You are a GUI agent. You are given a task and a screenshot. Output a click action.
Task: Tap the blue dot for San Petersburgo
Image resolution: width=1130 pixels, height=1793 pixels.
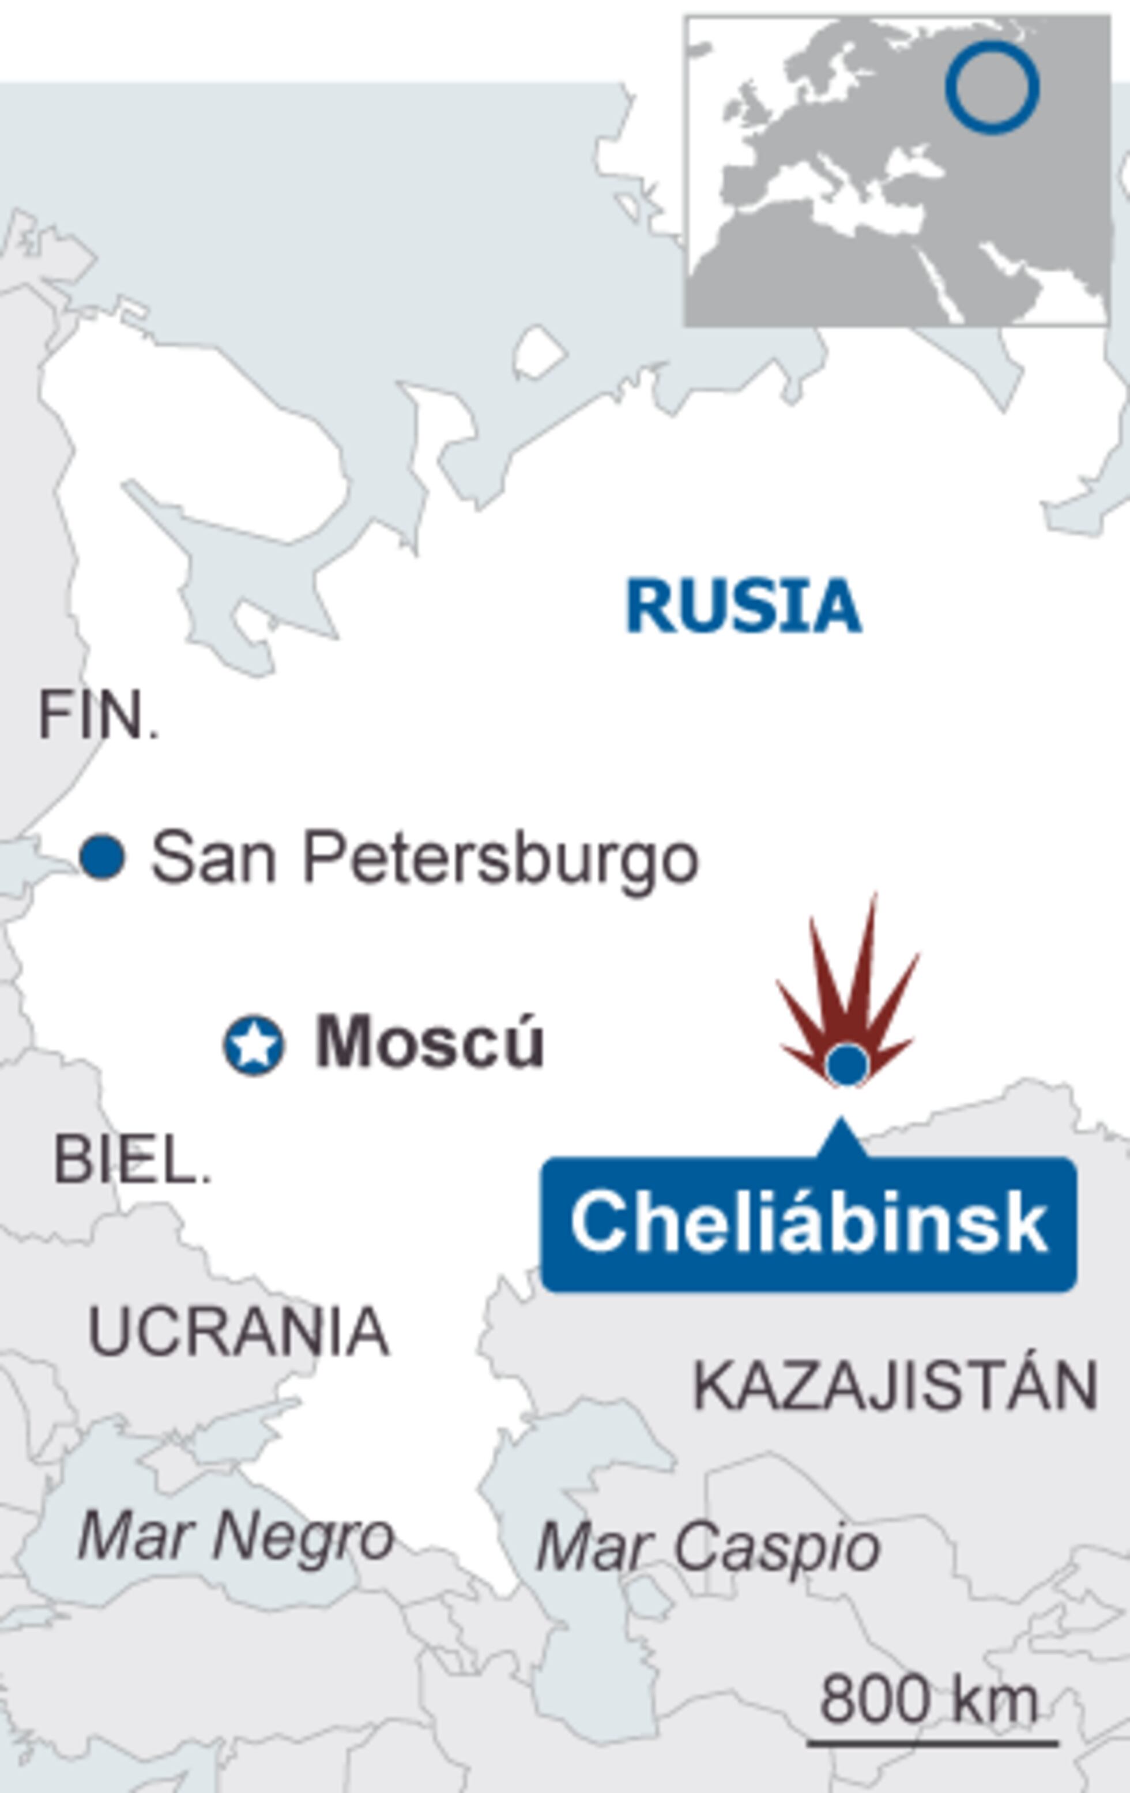tap(102, 857)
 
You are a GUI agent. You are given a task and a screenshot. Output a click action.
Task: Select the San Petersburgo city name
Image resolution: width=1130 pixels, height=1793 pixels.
tap(424, 858)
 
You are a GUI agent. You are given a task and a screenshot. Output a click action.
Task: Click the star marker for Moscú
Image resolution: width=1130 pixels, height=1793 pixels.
tap(254, 1045)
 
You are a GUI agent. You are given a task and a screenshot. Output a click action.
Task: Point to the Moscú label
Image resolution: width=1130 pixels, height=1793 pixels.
tap(430, 1042)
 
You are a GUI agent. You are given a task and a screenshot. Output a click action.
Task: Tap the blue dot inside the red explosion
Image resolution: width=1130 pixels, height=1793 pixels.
tap(847, 1065)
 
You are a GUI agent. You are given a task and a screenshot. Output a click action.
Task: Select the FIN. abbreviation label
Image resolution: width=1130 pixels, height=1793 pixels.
tap(98, 715)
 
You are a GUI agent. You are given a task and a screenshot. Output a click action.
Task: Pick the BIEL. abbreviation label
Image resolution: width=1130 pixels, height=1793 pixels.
tap(132, 1161)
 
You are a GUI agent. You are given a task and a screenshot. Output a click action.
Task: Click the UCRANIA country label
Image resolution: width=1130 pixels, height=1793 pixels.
tap(238, 1332)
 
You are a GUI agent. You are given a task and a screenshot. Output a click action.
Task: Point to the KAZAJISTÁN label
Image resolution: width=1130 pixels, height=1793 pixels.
tap(895, 1387)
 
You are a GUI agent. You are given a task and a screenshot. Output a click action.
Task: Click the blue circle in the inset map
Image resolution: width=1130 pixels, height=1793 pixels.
tap(992, 87)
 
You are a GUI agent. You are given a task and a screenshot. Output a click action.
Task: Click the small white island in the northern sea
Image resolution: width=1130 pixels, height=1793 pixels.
tap(540, 352)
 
